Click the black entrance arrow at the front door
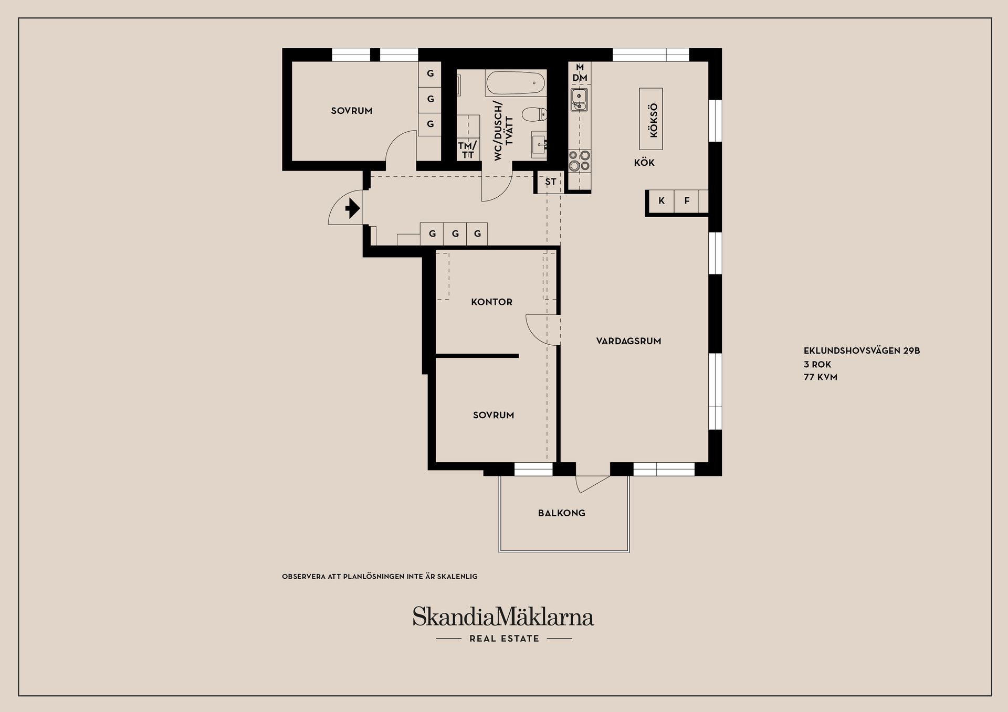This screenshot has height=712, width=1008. (x=352, y=209)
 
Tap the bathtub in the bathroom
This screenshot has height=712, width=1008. (x=516, y=83)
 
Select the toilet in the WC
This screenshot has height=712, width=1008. (x=535, y=113)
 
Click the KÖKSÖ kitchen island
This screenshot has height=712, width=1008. (x=651, y=119)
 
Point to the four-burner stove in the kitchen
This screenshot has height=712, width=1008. (x=580, y=161)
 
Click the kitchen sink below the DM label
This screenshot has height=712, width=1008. (x=579, y=99)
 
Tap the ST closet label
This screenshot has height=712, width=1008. (x=550, y=182)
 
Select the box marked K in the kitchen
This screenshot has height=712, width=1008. (x=661, y=201)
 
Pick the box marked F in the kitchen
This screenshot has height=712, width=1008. (x=686, y=201)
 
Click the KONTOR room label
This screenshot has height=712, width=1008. (x=491, y=302)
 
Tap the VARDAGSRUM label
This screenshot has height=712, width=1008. (x=628, y=341)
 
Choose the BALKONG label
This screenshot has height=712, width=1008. (x=561, y=513)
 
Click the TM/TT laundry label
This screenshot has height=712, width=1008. (x=467, y=150)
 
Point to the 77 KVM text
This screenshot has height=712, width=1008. (x=820, y=377)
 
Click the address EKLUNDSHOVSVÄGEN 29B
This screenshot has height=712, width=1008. (x=862, y=351)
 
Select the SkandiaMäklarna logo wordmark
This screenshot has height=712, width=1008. (x=503, y=617)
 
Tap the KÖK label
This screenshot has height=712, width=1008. (x=644, y=163)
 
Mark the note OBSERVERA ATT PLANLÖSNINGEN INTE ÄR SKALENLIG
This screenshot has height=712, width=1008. (x=380, y=576)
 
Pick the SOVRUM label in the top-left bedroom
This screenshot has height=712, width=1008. (x=351, y=111)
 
